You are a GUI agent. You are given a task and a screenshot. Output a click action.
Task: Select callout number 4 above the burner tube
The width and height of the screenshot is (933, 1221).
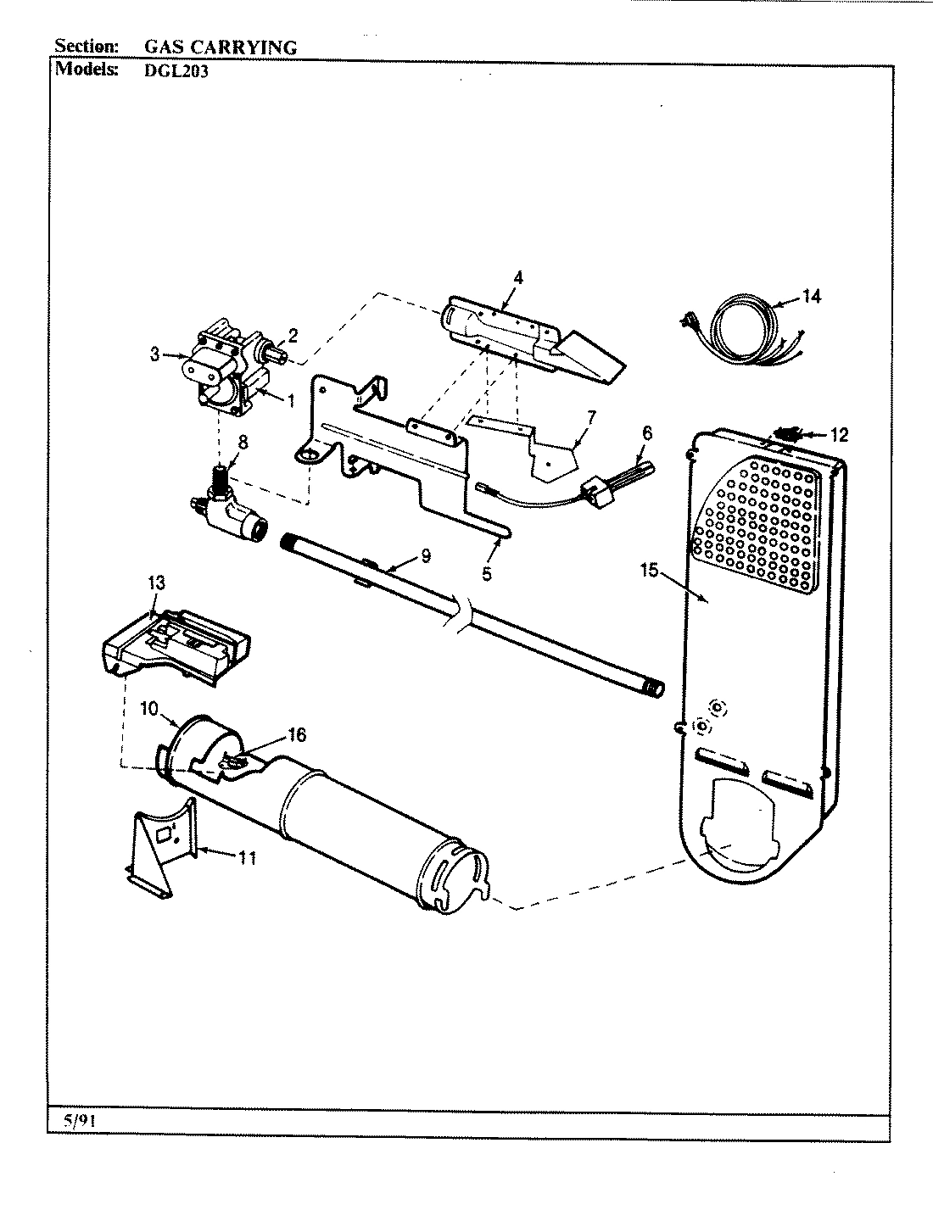tap(518, 277)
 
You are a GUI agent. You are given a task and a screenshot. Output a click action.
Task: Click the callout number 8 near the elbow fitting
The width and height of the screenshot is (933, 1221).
tap(243, 442)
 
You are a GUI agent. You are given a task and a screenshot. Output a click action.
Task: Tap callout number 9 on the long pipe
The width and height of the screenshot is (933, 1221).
tap(425, 556)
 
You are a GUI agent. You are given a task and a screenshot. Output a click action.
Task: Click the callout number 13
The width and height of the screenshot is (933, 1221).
tap(157, 583)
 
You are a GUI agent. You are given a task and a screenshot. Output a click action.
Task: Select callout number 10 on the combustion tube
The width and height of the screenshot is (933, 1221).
tap(149, 709)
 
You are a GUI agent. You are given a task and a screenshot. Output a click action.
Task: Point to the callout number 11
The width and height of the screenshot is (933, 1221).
tap(247, 858)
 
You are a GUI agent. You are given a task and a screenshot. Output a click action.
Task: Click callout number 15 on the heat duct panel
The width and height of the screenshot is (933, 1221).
tap(649, 571)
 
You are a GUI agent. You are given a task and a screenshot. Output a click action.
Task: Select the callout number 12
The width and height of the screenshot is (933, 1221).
tap(839, 435)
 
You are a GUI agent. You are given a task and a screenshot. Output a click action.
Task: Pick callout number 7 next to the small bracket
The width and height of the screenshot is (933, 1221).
tap(591, 417)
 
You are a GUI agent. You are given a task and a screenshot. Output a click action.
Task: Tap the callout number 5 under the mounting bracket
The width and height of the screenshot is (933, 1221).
tap(486, 573)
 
